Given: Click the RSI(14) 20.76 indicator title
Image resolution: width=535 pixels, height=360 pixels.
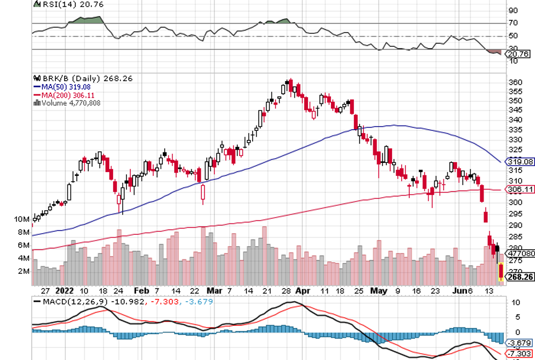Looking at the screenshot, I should [x=59, y=4].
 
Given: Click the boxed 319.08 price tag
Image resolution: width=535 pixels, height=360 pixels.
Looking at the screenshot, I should [x=521, y=162].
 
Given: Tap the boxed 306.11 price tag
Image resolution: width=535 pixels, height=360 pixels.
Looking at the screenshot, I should [x=521, y=189].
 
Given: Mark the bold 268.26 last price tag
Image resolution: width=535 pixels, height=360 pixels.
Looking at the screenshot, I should [x=521, y=277].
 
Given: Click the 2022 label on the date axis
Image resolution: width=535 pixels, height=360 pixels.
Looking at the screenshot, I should [x=63, y=290].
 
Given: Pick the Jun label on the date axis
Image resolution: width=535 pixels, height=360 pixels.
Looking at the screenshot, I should [x=458, y=290].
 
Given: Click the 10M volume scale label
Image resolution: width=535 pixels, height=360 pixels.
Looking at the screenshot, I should [x=22, y=219].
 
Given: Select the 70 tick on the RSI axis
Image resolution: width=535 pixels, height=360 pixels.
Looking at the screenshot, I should [x=513, y=23].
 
